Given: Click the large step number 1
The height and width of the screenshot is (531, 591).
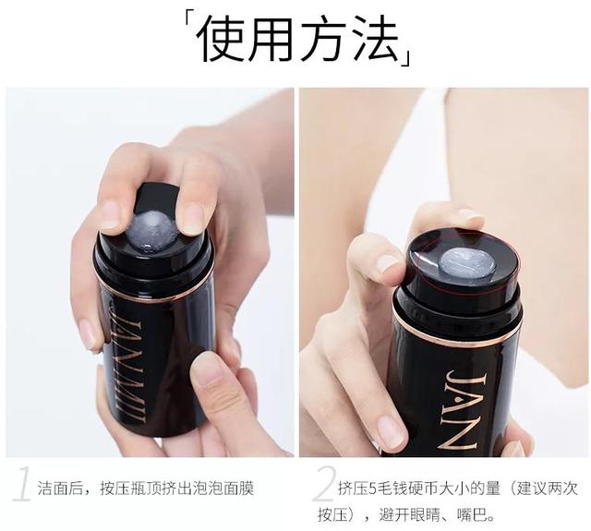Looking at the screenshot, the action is [22, 483].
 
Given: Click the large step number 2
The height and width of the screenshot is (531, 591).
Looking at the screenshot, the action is [324, 483].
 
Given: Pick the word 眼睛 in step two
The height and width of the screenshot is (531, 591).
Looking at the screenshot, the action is [426, 514].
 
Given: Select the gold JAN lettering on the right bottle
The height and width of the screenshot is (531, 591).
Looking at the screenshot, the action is [462, 410].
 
